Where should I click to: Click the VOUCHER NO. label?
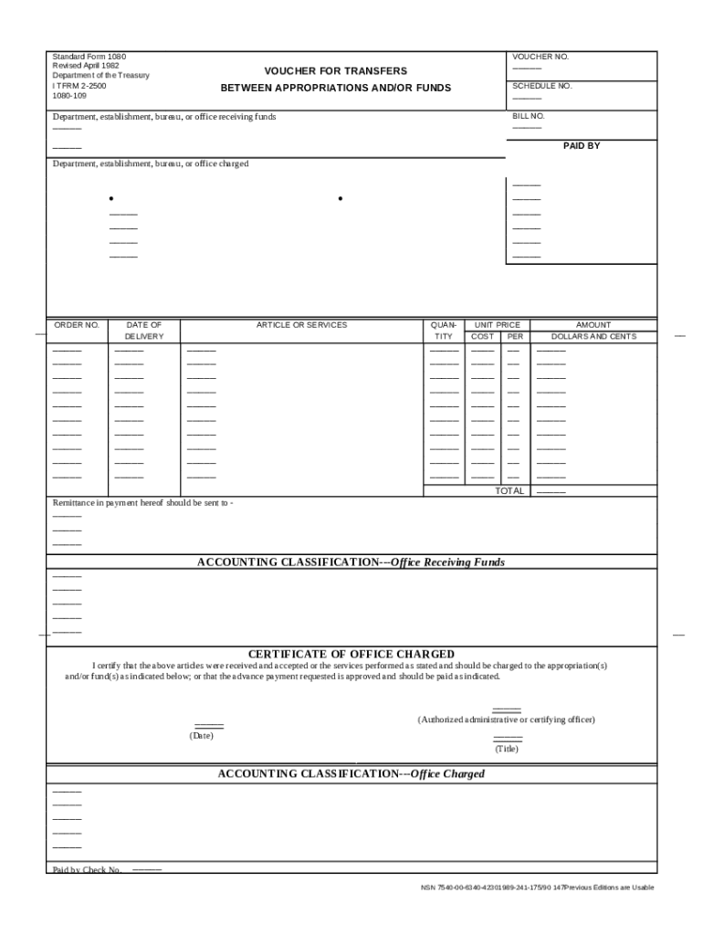pyautogui.click(x=540, y=57)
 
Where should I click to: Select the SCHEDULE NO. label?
pyautogui.click(x=542, y=86)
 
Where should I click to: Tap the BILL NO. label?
pyautogui.click(x=529, y=117)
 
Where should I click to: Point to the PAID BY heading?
pyautogui.click(x=581, y=145)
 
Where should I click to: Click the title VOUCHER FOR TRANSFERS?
pyautogui.click(x=336, y=71)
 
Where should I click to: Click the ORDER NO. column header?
pyautogui.click(x=77, y=325)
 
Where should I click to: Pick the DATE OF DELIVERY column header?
pyautogui.click(x=144, y=331)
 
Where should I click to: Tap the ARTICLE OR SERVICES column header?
pyautogui.click(x=301, y=325)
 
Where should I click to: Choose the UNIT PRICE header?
pyautogui.click(x=497, y=325)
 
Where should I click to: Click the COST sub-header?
pyautogui.click(x=483, y=337)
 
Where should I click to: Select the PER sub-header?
pyautogui.click(x=514, y=337)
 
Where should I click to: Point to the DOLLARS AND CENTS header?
pyautogui.click(x=593, y=337)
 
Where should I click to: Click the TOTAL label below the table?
pyautogui.click(x=509, y=491)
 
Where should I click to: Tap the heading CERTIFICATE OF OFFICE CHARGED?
pyautogui.click(x=351, y=655)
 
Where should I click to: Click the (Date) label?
pyautogui.click(x=201, y=736)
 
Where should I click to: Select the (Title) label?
pyautogui.click(x=507, y=749)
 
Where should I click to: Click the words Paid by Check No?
pyautogui.click(x=87, y=869)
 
